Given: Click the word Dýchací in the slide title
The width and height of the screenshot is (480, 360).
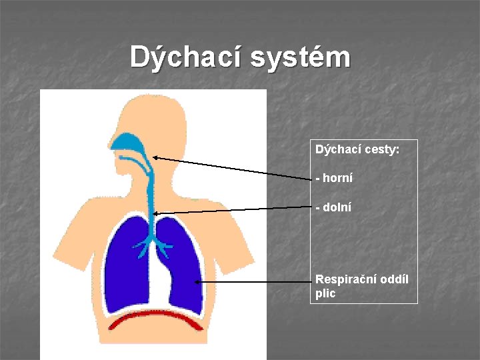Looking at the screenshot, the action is point(186,57).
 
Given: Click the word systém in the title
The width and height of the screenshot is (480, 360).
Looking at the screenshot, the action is point(300,57).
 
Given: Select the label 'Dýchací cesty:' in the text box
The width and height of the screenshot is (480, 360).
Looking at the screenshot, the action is point(357,150).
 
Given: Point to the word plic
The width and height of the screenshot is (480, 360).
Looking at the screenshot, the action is point(325,293).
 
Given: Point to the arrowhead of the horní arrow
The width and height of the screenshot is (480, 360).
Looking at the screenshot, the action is point(155,157).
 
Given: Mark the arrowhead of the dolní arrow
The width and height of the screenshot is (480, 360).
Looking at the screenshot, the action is point(155,213).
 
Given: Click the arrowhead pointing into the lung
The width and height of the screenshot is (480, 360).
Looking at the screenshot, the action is point(197,282).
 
